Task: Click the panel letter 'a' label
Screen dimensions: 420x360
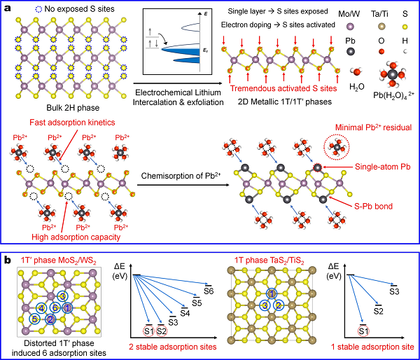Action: point(8,8)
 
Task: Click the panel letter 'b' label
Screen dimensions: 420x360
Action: point(8,259)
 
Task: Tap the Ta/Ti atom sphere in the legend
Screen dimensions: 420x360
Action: point(381,27)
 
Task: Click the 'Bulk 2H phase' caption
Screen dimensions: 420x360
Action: point(73,108)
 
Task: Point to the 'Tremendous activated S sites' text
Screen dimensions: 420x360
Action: point(283,88)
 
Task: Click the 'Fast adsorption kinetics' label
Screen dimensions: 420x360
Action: point(72,123)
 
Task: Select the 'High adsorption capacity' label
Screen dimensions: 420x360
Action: point(76,237)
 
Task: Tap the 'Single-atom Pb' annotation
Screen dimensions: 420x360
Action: point(383,167)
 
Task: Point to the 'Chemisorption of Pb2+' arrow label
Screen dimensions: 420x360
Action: point(182,176)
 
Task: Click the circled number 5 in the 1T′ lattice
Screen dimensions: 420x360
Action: point(35,319)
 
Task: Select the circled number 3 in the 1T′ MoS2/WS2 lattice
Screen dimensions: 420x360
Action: point(62,296)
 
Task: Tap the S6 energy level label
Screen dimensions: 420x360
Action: point(209,291)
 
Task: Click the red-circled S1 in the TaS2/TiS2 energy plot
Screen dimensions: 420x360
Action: point(363,331)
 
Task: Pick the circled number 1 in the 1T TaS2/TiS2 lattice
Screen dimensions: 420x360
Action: point(272,294)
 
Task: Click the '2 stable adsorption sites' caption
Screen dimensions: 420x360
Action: point(173,347)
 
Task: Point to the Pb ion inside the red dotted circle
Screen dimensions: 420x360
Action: point(337,147)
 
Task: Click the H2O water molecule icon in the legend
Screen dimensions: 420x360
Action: point(356,71)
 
